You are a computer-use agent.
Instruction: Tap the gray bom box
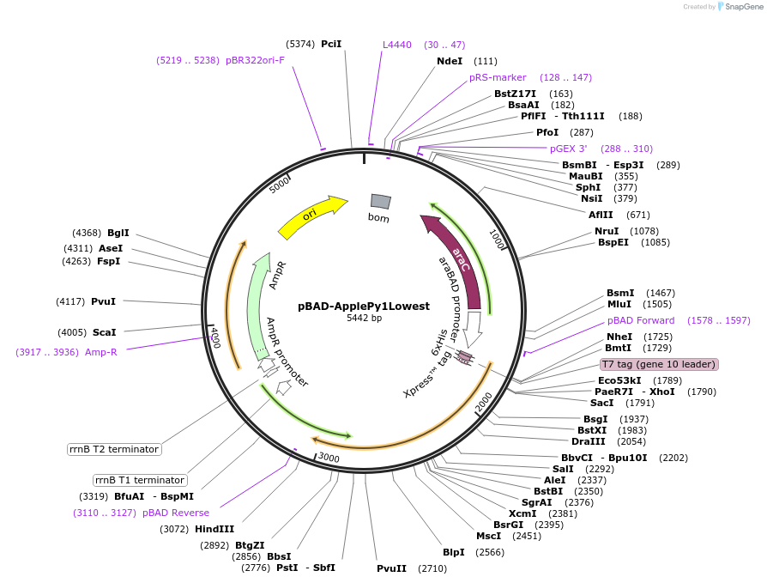pos(380,201)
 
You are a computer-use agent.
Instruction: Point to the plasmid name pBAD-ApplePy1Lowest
pos(364,306)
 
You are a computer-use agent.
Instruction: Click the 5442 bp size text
pos(364,319)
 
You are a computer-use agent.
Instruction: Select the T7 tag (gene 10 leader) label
pos(658,364)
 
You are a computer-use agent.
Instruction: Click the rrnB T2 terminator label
pos(114,449)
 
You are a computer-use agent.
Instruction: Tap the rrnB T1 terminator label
pos(140,480)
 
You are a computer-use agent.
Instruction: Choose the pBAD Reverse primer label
pos(176,513)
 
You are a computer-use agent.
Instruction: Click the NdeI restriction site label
pos(450,61)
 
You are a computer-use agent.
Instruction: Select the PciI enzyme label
pos(331,44)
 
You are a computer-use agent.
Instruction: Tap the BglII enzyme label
pos(118,233)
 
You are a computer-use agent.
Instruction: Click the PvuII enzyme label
pos(391,568)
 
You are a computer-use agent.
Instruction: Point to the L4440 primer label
pos(397,45)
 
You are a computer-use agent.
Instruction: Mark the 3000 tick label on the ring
pos(329,459)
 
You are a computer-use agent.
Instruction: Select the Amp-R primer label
pos(101,352)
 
